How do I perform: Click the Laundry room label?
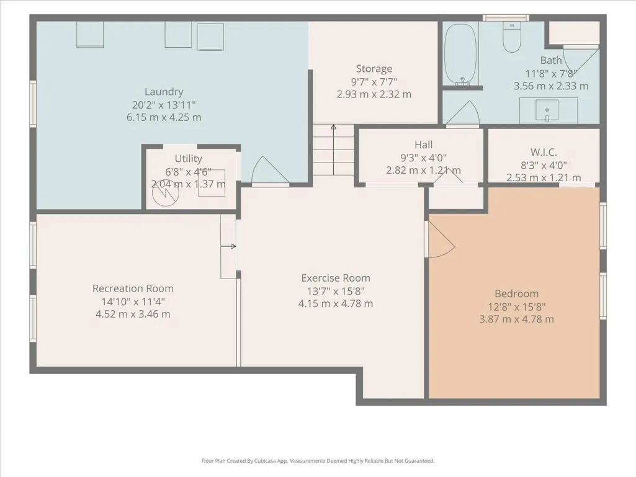pos(164,92)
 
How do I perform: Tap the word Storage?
pos(374,69)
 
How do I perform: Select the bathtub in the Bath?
pos(460,54)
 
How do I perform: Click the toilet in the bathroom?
pos(512,37)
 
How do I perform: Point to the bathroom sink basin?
pos(547,110)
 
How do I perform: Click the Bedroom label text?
pos(516,293)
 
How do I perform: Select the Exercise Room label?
pos(336,279)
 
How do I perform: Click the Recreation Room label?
pos(133,288)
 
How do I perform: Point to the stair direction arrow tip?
pos(333,125)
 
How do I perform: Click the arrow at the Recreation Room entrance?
pos(228,246)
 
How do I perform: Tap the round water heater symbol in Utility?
pos(166,193)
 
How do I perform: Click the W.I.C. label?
pos(544,153)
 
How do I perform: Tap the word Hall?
pos(423,145)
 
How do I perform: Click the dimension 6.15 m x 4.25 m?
pos(164,118)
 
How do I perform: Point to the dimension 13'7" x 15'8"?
pos(336,292)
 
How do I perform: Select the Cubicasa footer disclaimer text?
pos(318,461)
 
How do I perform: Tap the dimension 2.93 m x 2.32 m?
pos(374,94)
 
